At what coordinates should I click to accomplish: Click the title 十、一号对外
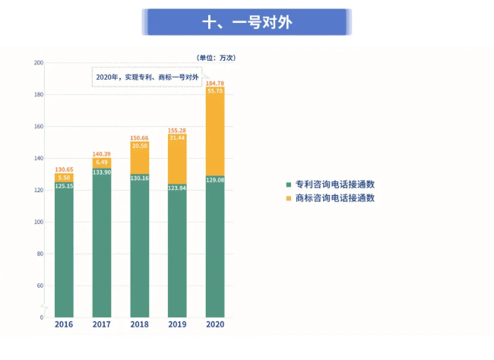246,22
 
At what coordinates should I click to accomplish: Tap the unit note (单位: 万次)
215,57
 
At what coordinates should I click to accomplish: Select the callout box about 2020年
147,77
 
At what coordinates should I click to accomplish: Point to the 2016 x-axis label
64,324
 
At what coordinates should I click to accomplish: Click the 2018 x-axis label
139,324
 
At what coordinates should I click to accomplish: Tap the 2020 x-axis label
215,324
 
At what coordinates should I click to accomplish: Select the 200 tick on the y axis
39,63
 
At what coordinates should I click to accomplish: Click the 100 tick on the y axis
39,222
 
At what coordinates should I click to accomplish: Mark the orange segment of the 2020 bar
215,133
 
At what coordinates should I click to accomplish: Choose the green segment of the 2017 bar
102,243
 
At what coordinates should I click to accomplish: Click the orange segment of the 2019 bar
177,156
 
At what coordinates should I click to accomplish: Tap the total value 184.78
215,83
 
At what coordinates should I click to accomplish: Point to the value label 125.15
64,185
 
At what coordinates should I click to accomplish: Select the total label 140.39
102,153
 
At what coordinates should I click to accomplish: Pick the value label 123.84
177,187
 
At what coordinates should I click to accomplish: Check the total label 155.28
177,130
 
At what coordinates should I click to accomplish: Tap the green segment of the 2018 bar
139,251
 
